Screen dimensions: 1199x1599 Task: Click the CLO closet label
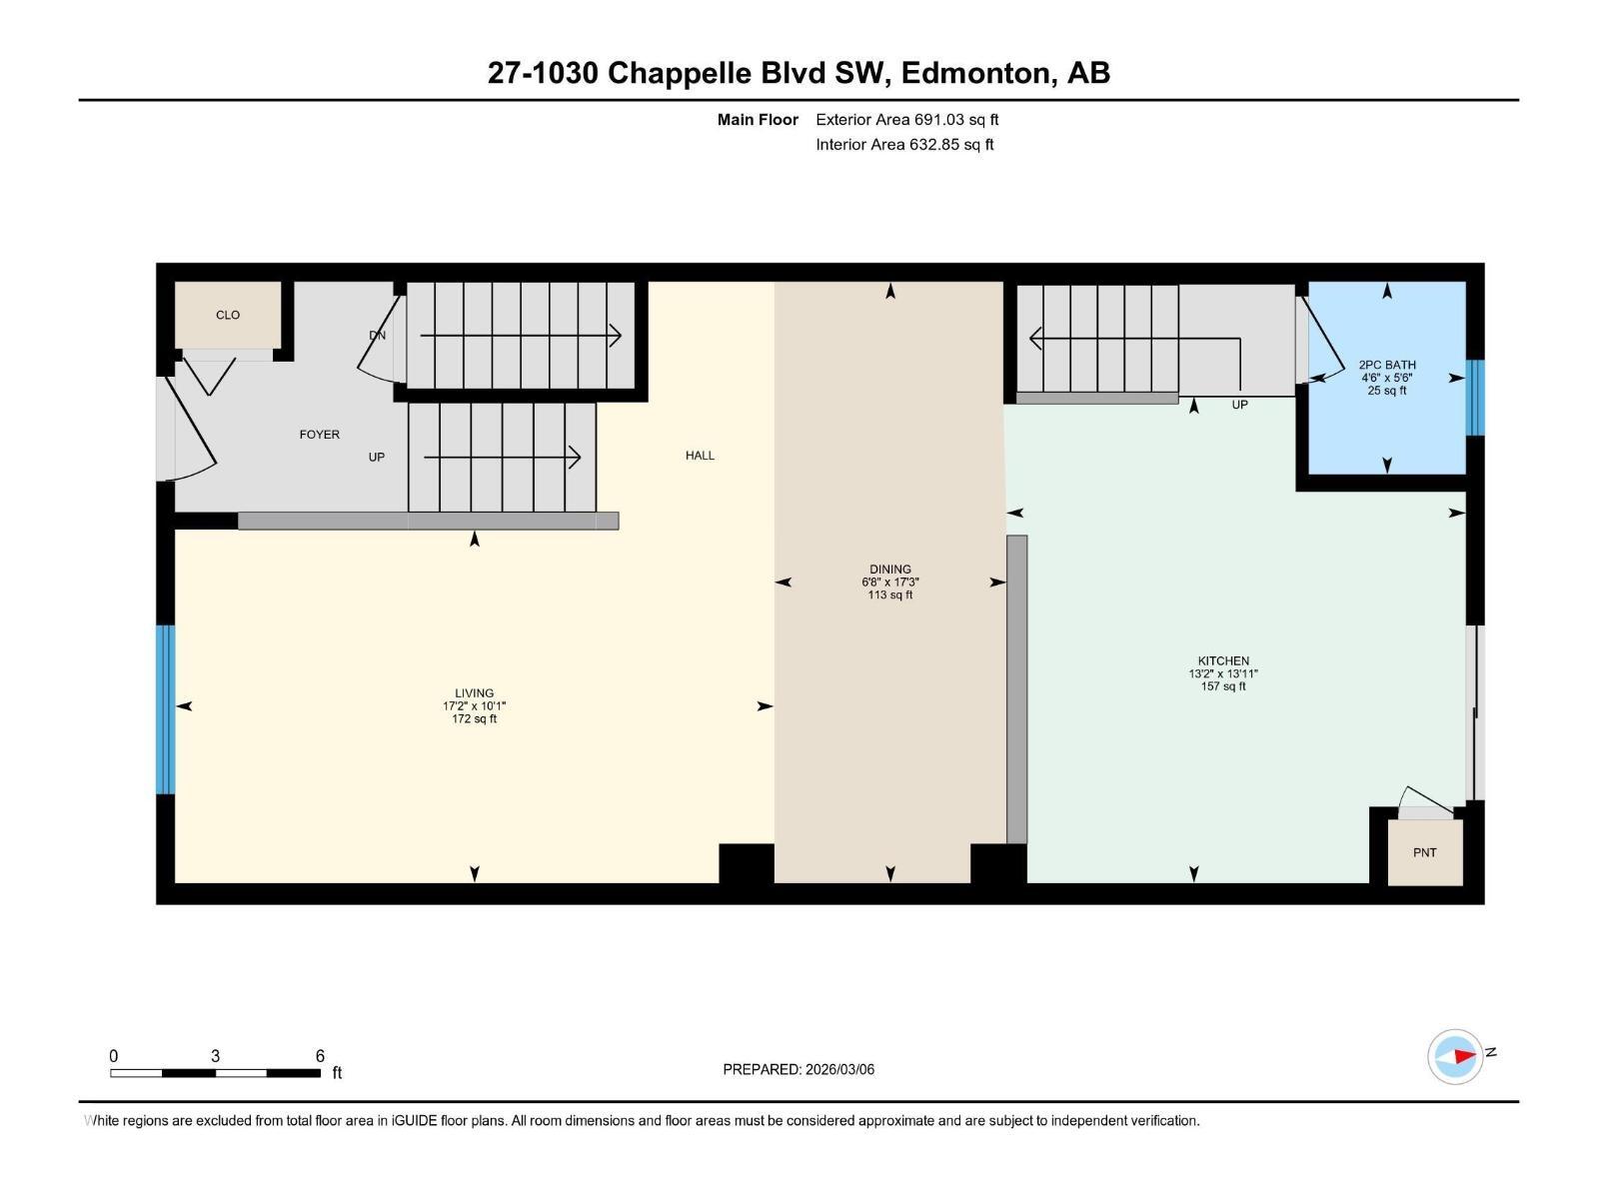(228, 315)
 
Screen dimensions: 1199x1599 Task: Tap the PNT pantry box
(1424, 852)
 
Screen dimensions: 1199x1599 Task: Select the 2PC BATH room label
(1386, 365)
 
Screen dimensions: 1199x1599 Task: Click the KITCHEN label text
(1223, 660)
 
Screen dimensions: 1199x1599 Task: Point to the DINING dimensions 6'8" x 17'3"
(889, 582)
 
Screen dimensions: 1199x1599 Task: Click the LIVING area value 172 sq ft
(474, 718)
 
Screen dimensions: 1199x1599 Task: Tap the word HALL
(700, 455)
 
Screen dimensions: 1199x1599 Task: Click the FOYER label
(319, 435)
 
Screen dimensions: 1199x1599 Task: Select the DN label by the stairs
(377, 336)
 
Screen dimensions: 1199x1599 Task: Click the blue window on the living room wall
(166, 709)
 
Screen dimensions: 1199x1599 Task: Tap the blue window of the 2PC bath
(1475, 398)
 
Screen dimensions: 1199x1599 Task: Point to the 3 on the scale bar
(215, 1056)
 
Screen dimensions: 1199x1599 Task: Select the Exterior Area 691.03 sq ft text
(906, 120)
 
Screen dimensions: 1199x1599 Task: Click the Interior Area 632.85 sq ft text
(904, 145)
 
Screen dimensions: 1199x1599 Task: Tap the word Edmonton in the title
(979, 73)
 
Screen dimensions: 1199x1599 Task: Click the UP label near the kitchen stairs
(1239, 405)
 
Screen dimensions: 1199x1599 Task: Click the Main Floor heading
(758, 120)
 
